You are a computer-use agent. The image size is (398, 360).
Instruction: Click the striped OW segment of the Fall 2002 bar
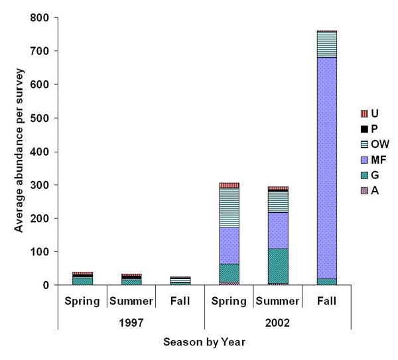pos(327,44)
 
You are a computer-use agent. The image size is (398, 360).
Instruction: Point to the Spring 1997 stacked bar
pos(82,279)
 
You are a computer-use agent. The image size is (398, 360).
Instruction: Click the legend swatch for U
pos(363,113)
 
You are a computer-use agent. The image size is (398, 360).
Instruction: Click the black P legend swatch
pos(363,128)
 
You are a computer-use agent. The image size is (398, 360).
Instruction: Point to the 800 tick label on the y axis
pos(40,17)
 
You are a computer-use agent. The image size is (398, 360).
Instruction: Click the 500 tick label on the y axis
pos(40,118)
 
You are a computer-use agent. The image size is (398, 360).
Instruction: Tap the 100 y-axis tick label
pos(40,252)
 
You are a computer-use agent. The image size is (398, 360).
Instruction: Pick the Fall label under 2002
pos(326,301)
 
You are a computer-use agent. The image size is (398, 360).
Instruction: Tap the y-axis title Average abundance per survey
pos(18,151)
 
